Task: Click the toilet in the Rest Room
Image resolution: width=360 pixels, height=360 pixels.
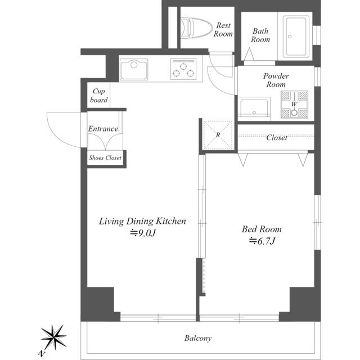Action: (196, 28)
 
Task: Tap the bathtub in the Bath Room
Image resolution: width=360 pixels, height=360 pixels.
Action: (296, 36)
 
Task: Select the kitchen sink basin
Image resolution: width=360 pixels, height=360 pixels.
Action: (134, 69)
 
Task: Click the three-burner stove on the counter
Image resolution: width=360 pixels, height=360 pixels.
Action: (183, 69)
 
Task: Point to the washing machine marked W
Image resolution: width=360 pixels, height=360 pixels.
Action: (294, 105)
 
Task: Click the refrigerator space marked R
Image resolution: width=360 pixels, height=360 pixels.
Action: (218, 135)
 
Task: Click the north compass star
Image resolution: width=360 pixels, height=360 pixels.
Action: (53, 337)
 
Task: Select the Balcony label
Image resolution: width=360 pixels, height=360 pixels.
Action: (198, 338)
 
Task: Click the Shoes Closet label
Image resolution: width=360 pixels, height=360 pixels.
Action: (105, 157)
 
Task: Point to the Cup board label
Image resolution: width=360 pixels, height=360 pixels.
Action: (99, 96)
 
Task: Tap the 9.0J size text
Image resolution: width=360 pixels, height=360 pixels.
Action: (143, 233)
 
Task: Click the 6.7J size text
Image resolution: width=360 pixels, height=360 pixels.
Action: (262, 241)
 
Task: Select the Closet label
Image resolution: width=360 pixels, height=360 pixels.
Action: (277, 137)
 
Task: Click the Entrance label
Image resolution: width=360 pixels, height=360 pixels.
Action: (103, 129)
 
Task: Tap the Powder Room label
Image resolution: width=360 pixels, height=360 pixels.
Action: (276, 80)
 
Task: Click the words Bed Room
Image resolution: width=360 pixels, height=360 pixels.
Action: (262, 229)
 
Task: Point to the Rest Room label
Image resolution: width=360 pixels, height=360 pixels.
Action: (223, 29)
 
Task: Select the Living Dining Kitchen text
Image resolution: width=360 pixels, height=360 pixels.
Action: (142, 221)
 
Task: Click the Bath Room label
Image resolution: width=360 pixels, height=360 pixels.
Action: (260, 35)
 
